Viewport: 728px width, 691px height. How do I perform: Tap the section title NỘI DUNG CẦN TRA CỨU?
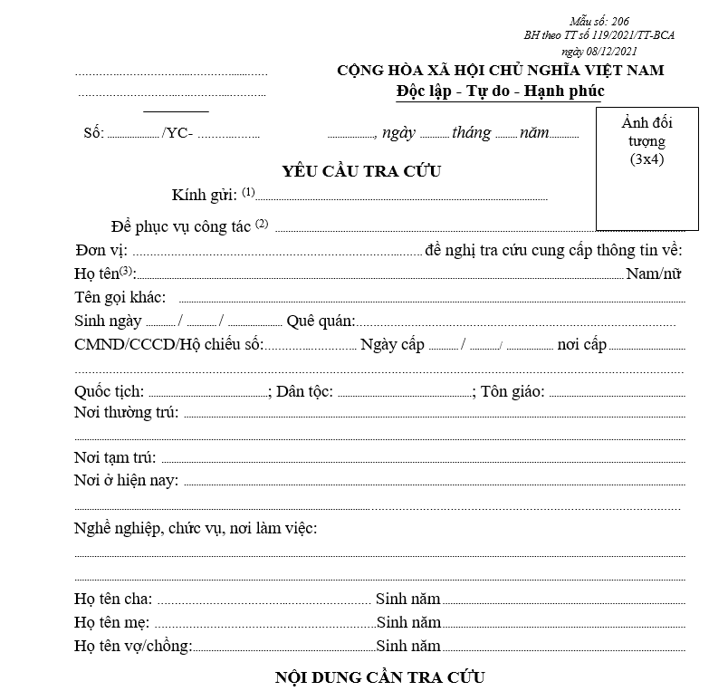point(380,677)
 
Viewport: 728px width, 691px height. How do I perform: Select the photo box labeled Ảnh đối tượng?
point(647,169)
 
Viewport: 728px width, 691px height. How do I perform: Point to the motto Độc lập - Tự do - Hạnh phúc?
point(500,91)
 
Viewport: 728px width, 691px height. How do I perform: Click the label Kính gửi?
point(206,195)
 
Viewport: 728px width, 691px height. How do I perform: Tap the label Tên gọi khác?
point(120,297)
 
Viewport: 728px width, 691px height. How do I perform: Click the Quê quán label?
point(321,321)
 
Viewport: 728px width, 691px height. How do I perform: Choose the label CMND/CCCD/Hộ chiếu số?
point(168,344)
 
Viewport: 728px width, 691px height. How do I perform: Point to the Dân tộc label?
point(304,391)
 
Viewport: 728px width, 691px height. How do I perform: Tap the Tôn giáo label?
point(512,391)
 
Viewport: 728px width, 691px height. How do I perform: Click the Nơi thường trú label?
point(127,413)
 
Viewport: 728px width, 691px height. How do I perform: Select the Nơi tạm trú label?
point(115,457)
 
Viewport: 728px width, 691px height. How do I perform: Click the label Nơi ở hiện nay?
point(126,480)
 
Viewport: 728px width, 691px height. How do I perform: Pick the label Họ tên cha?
point(113,599)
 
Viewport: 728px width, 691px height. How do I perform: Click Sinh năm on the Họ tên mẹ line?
point(408,622)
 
